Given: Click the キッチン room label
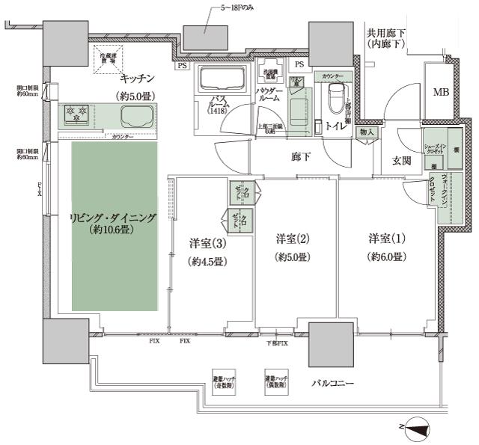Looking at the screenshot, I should pos(136,78).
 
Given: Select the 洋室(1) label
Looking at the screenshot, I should pos(386,239).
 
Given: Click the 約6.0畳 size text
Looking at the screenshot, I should pos(386,257).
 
